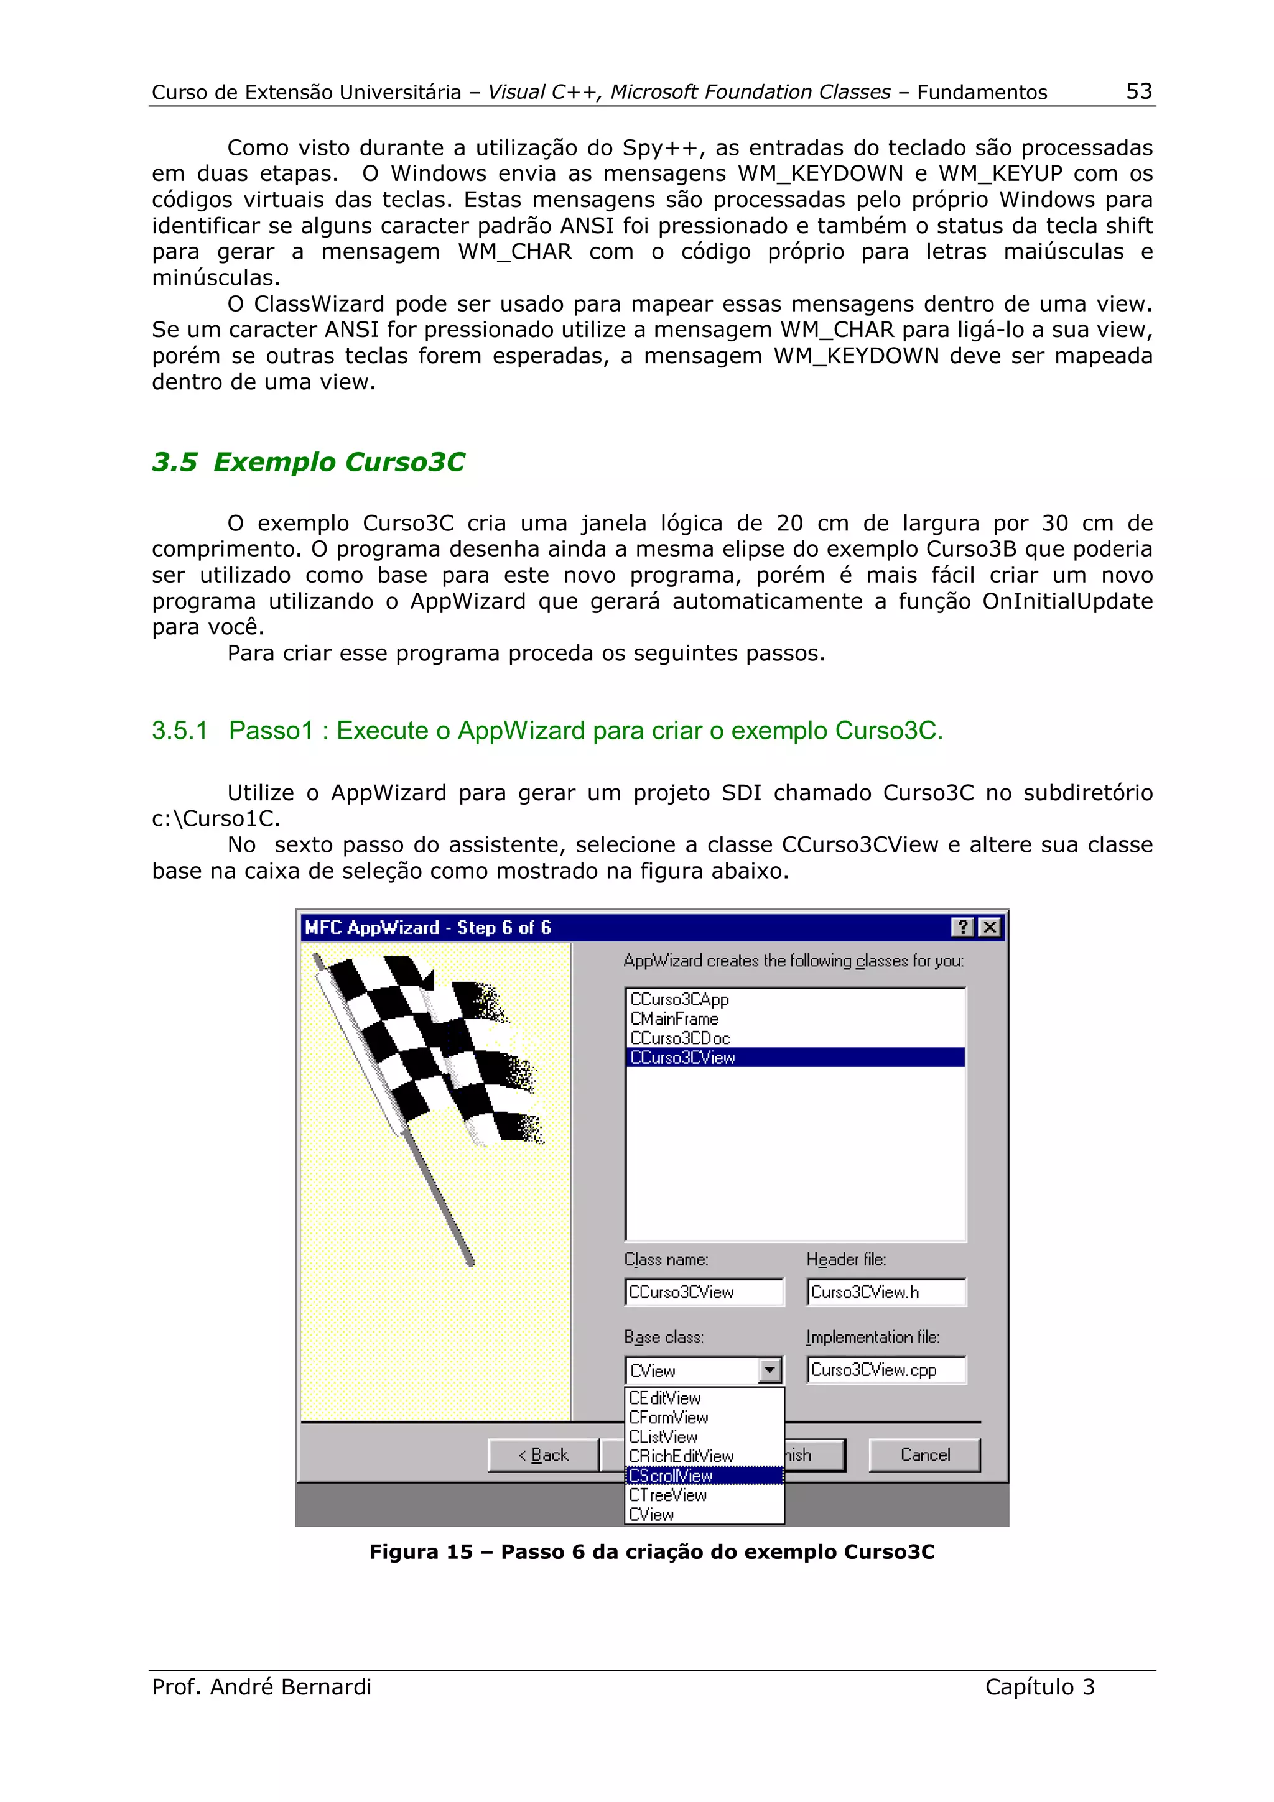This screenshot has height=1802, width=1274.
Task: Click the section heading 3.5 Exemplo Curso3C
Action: tap(308, 461)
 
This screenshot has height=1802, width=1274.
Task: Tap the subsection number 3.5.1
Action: tap(179, 731)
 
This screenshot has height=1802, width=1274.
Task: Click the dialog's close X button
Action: tap(990, 927)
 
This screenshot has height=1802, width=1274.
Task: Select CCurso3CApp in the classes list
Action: tap(679, 999)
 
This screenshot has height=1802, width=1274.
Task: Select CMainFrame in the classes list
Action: tap(674, 1019)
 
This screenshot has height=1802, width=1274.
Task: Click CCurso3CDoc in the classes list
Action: tap(680, 1038)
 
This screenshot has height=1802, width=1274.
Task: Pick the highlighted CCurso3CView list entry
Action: tap(682, 1057)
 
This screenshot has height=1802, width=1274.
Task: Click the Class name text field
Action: tap(704, 1292)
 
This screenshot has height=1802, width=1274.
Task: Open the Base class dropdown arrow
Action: tap(770, 1370)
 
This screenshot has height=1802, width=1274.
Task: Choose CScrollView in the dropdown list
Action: tap(671, 1476)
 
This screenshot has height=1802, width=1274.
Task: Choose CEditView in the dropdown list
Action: tap(665, 1398)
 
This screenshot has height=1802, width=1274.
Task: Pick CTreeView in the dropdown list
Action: tap(668, 1495)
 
